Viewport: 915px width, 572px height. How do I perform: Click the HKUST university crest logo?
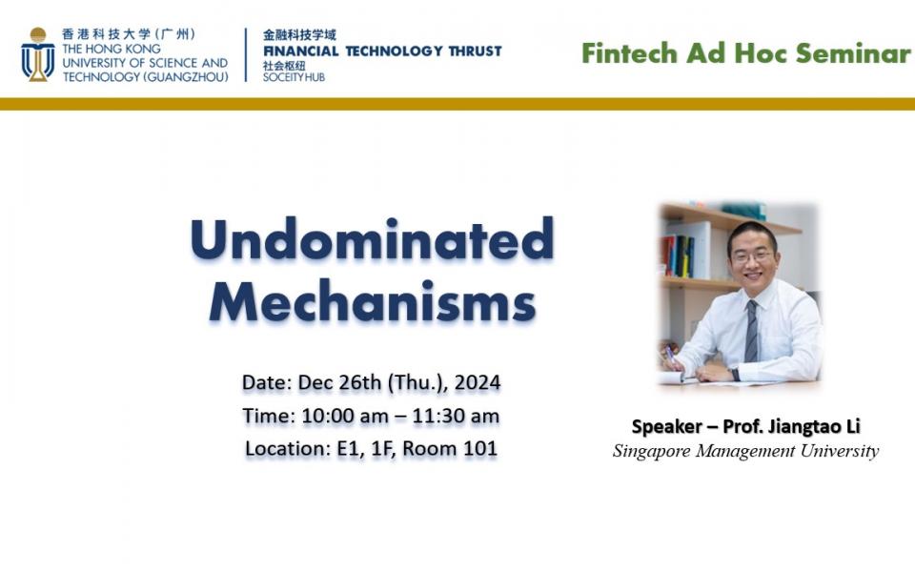point(37,54)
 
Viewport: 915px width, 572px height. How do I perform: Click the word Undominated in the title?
point(372,239)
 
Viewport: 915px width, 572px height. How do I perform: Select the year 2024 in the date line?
point(477,383)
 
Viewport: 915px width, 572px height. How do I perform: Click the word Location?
point(282,448)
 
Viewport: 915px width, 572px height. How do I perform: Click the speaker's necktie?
point(751,330)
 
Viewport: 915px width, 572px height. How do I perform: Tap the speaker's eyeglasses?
point(752,255)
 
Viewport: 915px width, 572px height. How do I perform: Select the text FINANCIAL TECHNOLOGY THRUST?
point(382,51)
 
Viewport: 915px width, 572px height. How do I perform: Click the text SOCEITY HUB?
point(294,77)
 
